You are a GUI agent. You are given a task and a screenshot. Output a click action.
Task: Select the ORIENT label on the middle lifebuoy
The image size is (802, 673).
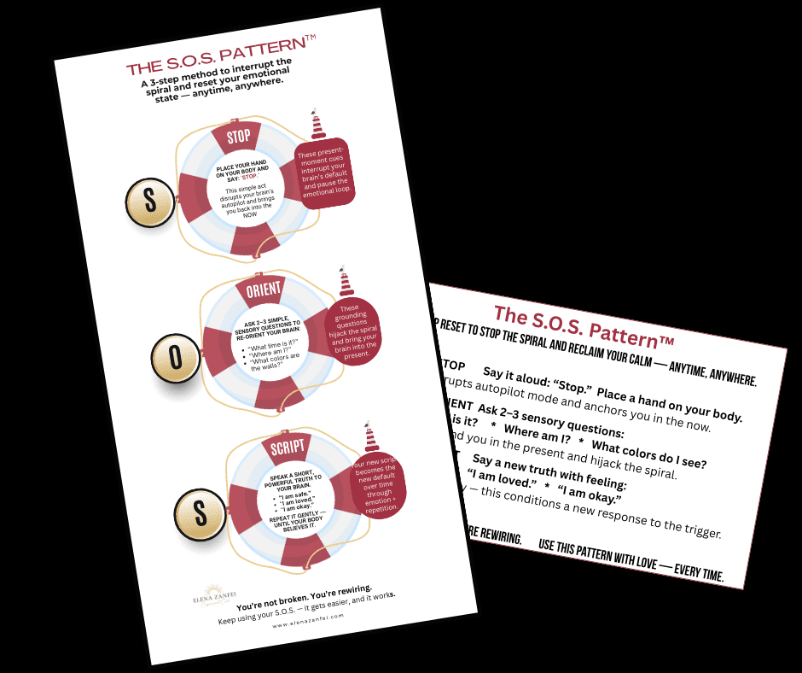(263, 290)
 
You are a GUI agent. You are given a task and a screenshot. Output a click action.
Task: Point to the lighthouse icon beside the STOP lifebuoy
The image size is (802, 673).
(318, 125)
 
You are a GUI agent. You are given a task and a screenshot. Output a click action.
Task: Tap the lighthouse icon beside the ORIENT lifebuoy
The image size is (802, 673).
(346, 281)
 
